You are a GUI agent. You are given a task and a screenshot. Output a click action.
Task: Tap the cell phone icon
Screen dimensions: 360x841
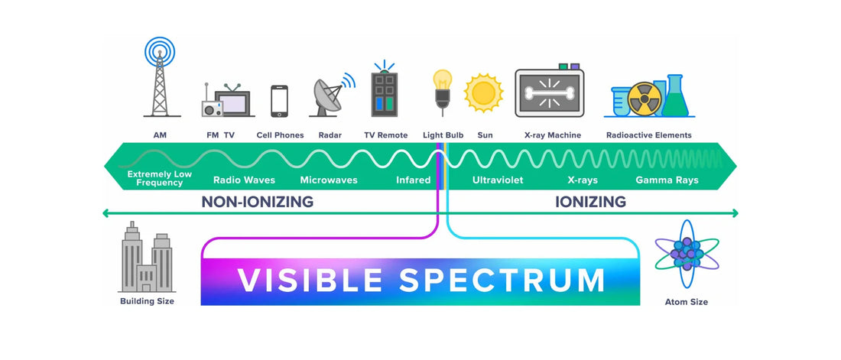pyautogui.click(x=280, y=101)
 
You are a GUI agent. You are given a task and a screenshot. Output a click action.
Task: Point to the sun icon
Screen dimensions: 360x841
pyautogui.click(x=484, y=93)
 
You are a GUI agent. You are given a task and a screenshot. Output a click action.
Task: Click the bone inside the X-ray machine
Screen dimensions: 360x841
pyautogui.click(x=550, y=93)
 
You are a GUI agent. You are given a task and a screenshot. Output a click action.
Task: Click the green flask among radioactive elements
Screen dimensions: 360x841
pyautogui.click(x=676, y=97)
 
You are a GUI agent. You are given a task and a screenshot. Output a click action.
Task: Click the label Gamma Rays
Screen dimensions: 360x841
pyautogui.click(x=666, y=181)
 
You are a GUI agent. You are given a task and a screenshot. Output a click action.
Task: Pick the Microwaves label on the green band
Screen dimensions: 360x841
pyautogui.click(x=329, y=181)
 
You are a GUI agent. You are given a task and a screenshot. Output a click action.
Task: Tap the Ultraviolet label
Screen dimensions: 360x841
pyautogui.click(x=497, y=181)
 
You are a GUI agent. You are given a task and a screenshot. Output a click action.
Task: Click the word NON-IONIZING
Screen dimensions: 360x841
pyautogui.click(x=258, y=203)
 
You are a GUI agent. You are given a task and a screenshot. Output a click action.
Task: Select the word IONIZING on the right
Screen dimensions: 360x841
pyautogui.click(x=590, y=203)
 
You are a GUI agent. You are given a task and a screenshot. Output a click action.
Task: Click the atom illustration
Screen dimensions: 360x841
pyautogui.click(x=687, y=255)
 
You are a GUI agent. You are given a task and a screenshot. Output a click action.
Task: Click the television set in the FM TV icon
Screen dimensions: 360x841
pyautogui.click(x=234, y=102)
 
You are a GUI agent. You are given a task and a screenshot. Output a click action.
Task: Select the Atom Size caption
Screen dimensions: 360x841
pyautogui.click(x=686, y=302)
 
